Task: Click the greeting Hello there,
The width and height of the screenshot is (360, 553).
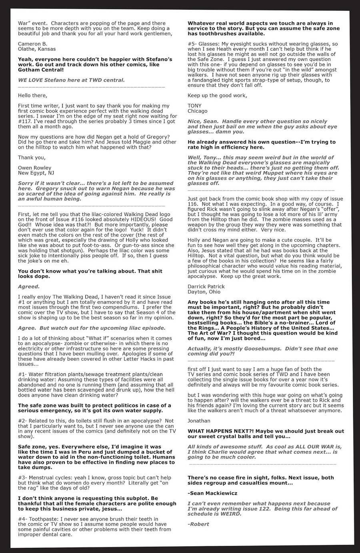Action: tap(32, 95)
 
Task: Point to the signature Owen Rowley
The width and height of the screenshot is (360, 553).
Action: tap(35, 168)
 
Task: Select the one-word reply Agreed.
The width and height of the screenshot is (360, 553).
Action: tap(29, 286)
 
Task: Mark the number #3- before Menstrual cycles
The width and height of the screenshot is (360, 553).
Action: tap(23, 477)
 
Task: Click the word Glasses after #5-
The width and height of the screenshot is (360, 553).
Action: tap(210, 44)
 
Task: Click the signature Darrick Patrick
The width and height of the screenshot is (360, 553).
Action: tap(206, 286)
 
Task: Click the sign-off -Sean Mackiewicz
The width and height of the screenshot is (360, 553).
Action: tap(213, 493)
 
